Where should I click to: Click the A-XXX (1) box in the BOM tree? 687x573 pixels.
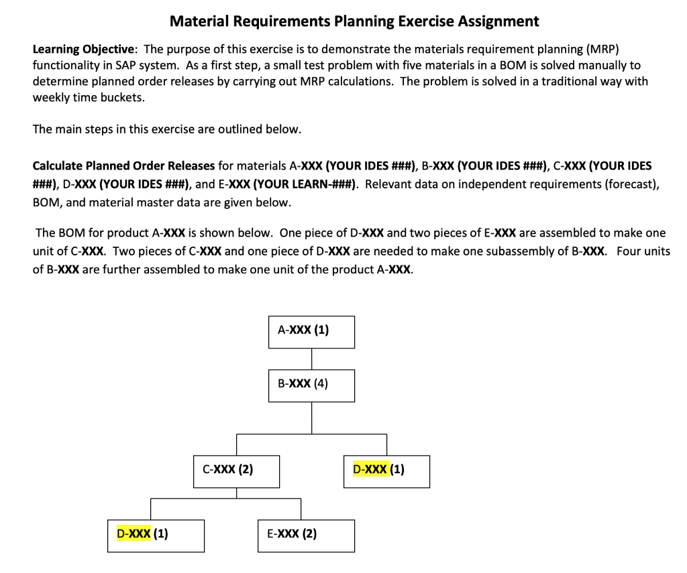pos(311,332)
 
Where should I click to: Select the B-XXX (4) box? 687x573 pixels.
pos(311,385)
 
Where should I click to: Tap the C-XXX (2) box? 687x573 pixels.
pos(236,471)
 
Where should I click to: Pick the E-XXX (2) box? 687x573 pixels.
pos(306,535)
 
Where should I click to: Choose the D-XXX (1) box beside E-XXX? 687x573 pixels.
pos(156,535)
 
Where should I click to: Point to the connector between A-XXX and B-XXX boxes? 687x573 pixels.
pos(311,359)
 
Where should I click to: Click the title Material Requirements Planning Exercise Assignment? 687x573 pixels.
pos(354,21)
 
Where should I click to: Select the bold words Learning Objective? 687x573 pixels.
pos(84,50)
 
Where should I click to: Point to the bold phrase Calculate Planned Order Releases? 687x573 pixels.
pos(123,166)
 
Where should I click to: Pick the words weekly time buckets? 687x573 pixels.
pos(89,98)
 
